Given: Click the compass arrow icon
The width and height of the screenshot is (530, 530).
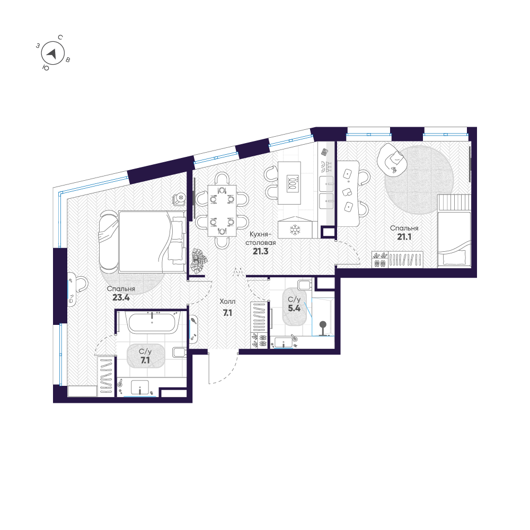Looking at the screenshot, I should click(52, 53).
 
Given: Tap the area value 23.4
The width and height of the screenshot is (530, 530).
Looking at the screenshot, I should click(121, 298).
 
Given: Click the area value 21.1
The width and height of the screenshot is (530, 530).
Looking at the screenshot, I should click(405, 237).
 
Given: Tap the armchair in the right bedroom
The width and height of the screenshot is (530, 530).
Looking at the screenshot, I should click(392, 157).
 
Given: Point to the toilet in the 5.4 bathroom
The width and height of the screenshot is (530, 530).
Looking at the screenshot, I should click(303, 286).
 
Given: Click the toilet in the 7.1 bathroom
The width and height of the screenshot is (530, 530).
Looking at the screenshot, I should click(179, 352).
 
